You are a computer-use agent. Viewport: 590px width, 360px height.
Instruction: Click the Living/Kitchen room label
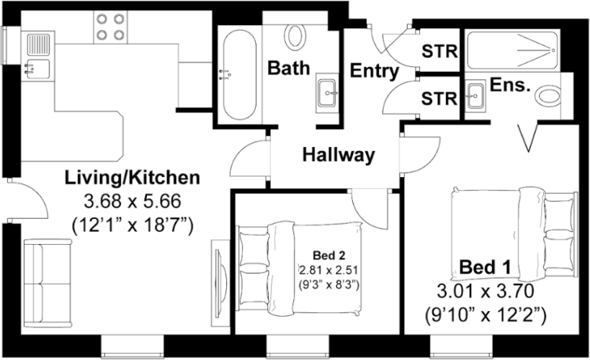132,177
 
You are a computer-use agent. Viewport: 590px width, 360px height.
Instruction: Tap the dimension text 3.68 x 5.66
133,201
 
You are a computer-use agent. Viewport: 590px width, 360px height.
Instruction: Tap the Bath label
289,68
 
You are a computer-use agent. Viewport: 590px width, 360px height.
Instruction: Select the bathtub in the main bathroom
238,74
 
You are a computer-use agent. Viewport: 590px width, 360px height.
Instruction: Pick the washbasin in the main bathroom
328,93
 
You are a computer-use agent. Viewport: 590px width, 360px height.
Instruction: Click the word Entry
375,71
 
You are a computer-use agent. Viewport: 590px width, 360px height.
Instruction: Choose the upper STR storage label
437,52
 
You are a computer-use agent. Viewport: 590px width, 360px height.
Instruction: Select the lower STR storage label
437,97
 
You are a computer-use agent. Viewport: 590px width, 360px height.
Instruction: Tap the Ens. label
510,85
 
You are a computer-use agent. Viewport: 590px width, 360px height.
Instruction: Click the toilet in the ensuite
550,96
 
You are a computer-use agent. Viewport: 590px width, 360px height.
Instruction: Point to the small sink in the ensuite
475,95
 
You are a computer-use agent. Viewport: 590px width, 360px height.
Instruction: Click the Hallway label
338,155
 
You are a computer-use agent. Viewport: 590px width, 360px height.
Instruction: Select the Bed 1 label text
485,268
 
